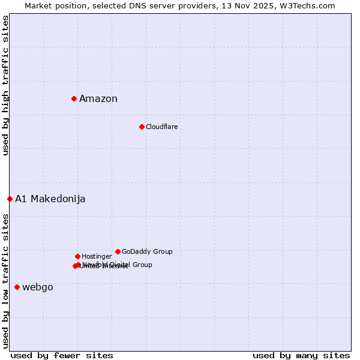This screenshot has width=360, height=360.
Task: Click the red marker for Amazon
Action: [74, 98]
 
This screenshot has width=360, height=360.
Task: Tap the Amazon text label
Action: [98, 99]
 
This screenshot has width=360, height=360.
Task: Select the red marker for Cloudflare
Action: [142, 127]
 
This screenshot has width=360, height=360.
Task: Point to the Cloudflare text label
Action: [161, 127]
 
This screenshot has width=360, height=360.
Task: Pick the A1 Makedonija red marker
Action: [10, 199]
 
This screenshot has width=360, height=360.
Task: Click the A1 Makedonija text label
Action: [50, 199]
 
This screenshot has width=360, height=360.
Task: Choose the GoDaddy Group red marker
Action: [118, 251]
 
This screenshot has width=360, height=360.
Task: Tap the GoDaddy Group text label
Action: [147, 252]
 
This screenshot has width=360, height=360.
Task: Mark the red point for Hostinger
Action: [77, 256]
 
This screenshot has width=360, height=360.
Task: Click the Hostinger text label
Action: [97, 257]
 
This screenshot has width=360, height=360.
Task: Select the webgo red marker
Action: [17, 287]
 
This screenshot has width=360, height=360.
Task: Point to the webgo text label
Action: [38, 287]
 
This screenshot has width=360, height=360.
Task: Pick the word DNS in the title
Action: [140, 5]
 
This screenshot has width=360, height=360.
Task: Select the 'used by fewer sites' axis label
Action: [62, 355]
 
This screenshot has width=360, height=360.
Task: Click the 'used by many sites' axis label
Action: [301, 355]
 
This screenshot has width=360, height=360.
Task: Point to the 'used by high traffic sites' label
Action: [5, 85]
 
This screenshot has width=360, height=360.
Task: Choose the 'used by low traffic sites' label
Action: [5, 280]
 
